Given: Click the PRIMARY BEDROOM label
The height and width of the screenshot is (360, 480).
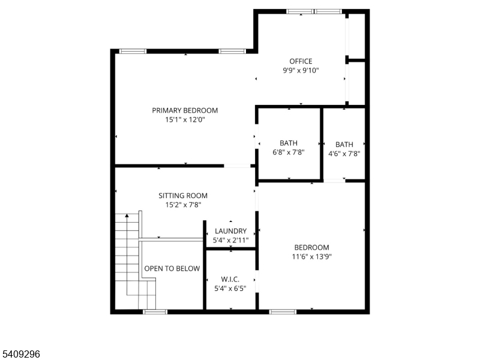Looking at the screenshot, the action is tap(185, 110).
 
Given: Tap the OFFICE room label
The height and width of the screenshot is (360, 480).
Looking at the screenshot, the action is tap(301, 61).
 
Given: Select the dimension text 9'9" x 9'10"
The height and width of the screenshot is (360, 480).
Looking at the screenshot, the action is tap(301, 70).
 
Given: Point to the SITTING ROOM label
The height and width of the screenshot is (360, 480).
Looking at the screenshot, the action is tap(183, 196).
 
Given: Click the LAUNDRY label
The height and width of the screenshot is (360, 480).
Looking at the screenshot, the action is tap(230, 231).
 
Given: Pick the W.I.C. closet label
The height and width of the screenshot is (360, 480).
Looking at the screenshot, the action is tap(230, 279).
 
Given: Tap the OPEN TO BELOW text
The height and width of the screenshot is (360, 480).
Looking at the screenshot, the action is tap(172, 268).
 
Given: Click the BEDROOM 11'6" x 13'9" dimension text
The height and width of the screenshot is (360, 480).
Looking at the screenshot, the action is tap(311, 257).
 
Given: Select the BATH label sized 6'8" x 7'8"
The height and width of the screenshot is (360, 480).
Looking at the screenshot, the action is tap(289, 143).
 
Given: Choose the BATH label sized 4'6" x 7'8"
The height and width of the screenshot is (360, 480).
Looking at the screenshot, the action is tap(344, 145).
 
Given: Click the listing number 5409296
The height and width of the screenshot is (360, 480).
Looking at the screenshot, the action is tap(20, 354).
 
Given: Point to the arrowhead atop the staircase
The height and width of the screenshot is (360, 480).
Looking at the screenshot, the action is tap(127, 215).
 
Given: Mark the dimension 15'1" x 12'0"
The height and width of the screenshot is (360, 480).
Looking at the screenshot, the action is tap(185, 119).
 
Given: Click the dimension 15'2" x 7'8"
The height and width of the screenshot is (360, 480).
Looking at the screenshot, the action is tap(183, 205).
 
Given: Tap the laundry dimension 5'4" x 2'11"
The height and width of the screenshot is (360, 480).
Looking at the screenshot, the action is tap(230, 241).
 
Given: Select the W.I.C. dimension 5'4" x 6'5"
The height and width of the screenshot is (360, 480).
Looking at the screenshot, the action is tap(230, 289).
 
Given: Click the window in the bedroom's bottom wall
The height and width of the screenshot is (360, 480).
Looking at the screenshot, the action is tap(283, 312).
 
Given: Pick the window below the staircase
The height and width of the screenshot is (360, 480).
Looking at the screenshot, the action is tap(155, 312).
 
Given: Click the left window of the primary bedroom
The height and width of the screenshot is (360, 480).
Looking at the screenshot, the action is tap(133, 51).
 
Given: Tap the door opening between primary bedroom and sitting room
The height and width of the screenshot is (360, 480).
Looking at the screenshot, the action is tap(237, 166).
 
